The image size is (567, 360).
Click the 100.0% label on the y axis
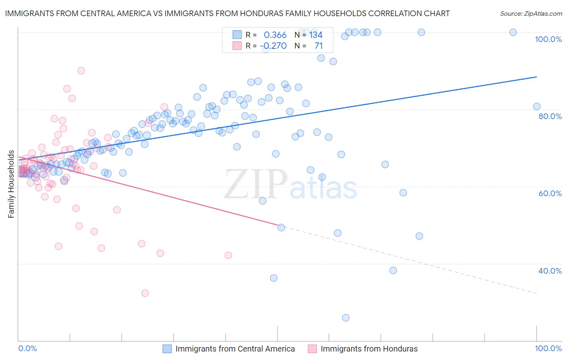pyautogui.click(x=548, y=39)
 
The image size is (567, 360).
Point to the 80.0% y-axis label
pyautogui.click(x=550, y=116)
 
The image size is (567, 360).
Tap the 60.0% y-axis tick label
pyautogui.click(x=550, y=193)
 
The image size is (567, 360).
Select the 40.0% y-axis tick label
pyautogui.click(x=550, y=271)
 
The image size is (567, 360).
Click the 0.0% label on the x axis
pyautogui.click(x=27, y=348)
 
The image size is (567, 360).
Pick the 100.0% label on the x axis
pyautogui.click(x=548, y=348)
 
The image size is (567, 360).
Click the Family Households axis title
pyautogui.click(x=11, y=184)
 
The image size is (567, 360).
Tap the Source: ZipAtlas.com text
pyautogui.click(x=531, y=13)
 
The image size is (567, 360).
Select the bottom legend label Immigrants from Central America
pyautogui.click(x=235, y=349)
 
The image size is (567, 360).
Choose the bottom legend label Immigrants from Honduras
pyautogui.click(x=369, y=349)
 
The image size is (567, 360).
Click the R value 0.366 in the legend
pyautogui.click(x=275, y=35)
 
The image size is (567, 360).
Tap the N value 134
pyautogui.click(x=316, y=35)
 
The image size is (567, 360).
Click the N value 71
pyautogui.click(x=319, y=46)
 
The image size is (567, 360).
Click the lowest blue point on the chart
pyautogui.click(x=346, y=318)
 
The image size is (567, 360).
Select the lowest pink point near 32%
pyautogui.click(x=145, y=293)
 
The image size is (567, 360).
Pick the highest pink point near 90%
pyautogui.click(x=81, y=71)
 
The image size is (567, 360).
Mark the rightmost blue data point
pyautogui.click(x=537, y=107)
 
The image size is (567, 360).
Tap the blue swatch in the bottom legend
pyautogui.click(x=167, y=349)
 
